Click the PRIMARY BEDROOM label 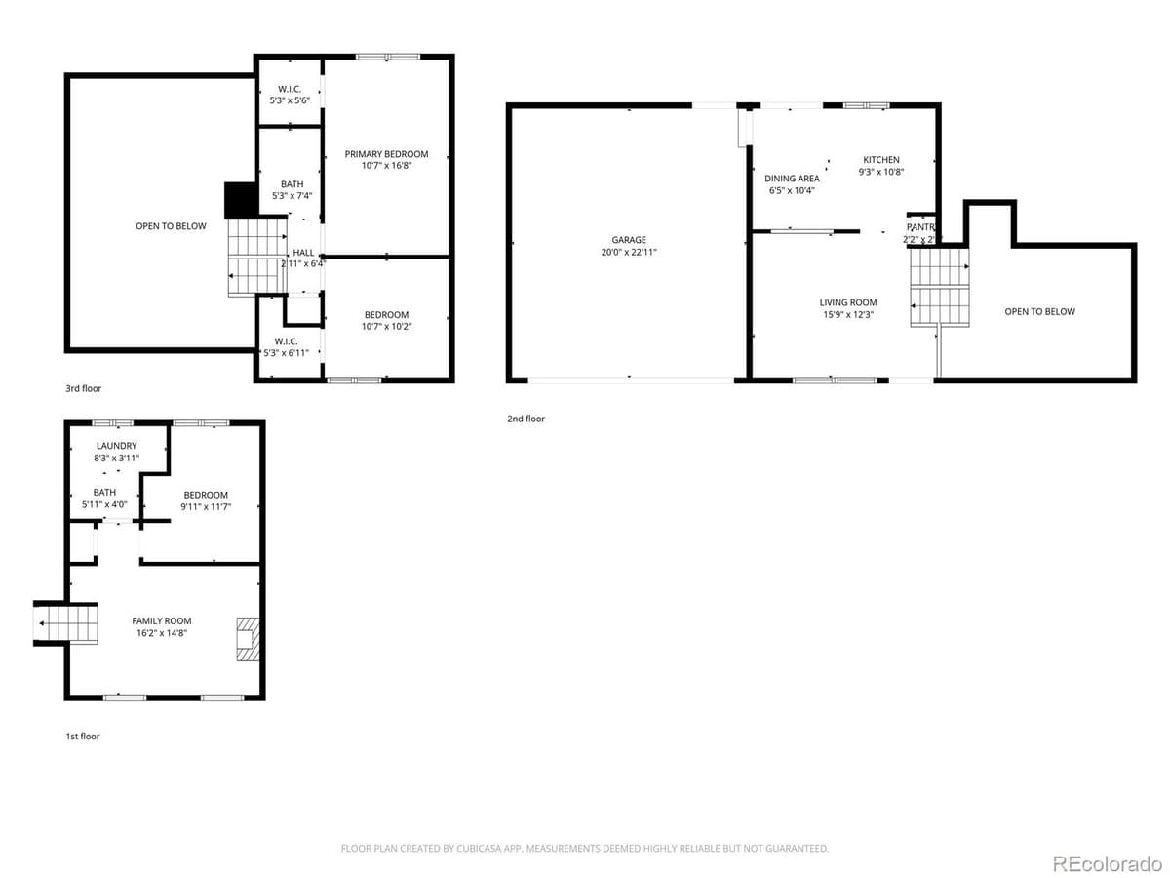coord(386,154)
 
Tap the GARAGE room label coord(629,240)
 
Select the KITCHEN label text coord(880,160)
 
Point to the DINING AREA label coord(792,179)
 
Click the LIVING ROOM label coord(848,302)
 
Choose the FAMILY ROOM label coord(162,620)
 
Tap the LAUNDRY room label coord(116,446)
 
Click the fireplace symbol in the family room coord(248,640)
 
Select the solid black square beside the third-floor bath coord(239,200)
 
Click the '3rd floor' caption coord(83,388)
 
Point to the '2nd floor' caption coord(526,419)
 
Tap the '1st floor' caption coord(82,736)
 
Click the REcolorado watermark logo coord(1107,862)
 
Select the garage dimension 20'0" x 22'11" coord(629,252)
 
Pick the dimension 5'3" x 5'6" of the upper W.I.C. coord(290,100)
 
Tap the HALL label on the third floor coord(303,253)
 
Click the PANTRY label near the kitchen coord(921,227)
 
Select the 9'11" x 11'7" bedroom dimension coord(206,506)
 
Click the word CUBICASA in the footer coord(479,849)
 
